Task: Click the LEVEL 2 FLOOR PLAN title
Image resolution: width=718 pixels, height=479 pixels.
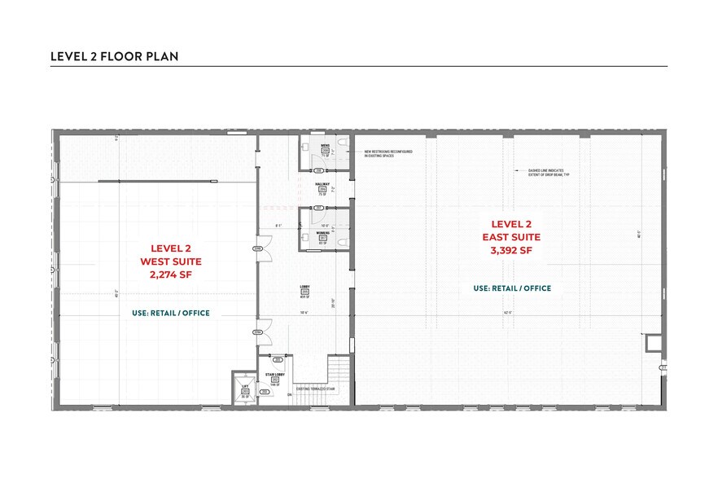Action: point(115,56)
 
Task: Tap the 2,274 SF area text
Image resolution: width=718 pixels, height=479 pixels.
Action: point(171,275)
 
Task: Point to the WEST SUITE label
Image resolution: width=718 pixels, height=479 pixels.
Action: point(171,261)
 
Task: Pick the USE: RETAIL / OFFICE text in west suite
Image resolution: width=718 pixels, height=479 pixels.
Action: point(171,313)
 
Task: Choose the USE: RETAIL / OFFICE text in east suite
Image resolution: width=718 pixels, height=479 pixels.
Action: point(512,288)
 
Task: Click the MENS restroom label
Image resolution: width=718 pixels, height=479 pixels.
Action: point(324,145)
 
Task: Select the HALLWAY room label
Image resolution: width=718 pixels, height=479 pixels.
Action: point(322,185)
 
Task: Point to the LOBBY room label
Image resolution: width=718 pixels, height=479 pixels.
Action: point(304,287)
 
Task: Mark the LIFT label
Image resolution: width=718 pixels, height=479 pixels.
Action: point(245,386)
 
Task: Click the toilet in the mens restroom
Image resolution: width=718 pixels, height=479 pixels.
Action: point(342,145)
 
